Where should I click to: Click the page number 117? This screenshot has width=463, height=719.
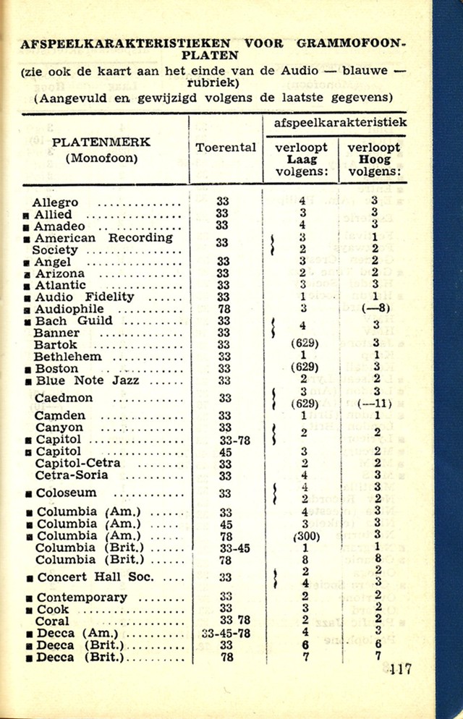point(399,668)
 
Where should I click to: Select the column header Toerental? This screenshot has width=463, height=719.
point(226,148)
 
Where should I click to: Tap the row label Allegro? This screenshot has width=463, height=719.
point(55,203)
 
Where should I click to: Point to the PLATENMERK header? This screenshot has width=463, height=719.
point(101,142)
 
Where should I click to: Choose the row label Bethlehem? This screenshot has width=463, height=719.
point(69,357)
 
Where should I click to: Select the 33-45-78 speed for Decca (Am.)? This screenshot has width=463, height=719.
point(225,633)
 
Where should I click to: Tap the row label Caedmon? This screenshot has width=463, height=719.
point(64,398)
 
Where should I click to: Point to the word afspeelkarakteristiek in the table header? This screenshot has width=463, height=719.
point(340,123)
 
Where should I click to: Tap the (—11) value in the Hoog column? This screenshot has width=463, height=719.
point(375,403)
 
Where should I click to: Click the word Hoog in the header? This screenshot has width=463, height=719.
point(374,159)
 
